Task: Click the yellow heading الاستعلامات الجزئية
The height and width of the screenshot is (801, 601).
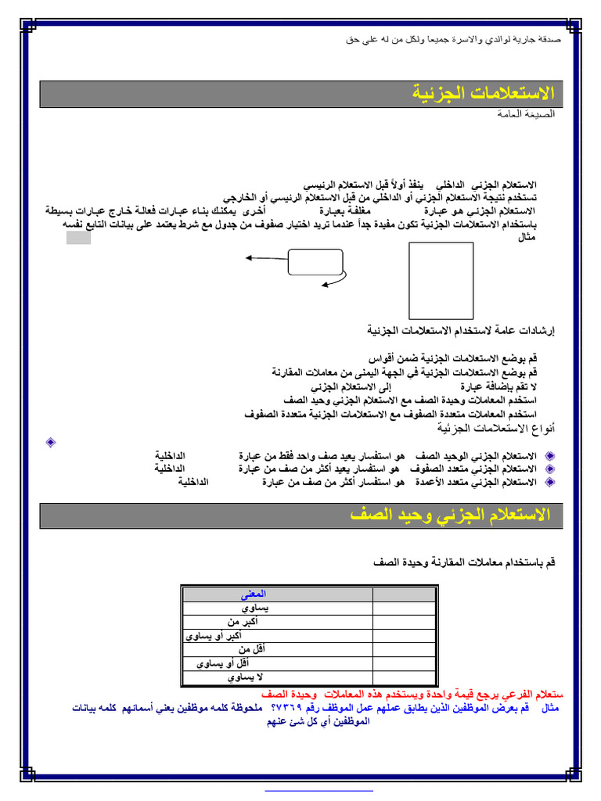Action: coord(483,94)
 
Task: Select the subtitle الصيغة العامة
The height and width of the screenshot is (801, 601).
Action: coord(526,114)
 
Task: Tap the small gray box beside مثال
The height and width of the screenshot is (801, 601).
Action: coord(78,238)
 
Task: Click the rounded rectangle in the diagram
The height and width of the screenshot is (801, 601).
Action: coord(315,262)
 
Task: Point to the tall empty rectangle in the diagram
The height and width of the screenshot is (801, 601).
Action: coord(441,280)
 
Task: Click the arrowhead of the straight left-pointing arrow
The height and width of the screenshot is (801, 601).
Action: coord(248,257)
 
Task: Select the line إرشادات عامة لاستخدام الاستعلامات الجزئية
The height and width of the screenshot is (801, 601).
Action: coord(461,331)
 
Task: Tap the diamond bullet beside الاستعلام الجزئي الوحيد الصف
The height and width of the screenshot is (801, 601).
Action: coord(549,455)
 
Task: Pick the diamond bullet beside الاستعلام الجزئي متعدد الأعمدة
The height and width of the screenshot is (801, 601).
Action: coord(549,482)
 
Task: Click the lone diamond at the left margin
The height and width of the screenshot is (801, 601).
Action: coord(51,443)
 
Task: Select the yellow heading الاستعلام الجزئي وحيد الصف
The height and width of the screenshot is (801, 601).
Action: coord(451,515)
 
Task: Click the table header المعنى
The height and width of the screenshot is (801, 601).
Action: coord(256,594)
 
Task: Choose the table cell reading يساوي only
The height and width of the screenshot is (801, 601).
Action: coord(255,608)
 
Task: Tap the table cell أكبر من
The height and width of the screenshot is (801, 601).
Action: coord(247,622)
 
